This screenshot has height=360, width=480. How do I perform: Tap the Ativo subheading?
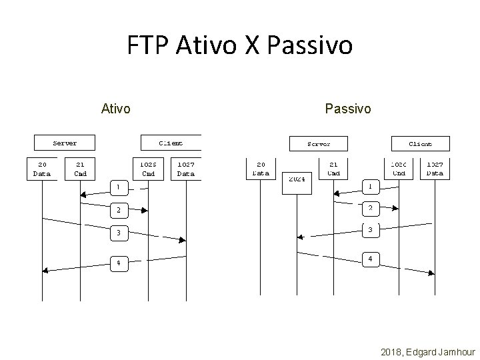(x=115, y=107)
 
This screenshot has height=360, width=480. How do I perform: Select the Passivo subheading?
(x=348, y=107)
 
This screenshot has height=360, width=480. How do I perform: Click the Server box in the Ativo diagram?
(x=65, y=143)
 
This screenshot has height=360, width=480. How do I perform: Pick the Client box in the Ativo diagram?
(x=171, y=143)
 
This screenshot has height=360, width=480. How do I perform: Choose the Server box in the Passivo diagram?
(x=318, y=144)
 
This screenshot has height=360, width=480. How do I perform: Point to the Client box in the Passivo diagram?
(x=420, y=143)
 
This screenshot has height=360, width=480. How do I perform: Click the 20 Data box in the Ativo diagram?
(x=42, y=168)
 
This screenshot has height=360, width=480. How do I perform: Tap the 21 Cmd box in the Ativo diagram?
(x=80, y=168)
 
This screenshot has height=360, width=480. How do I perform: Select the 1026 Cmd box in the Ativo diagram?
(x=148, y=168)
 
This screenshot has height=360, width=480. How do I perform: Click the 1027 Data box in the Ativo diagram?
(x=186, y=168)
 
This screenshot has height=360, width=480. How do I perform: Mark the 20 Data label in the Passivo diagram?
(x=261, y=168)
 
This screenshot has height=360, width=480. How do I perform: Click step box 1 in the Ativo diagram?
(x=118, y=185)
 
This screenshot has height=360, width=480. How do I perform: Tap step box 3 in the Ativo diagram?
(x=118, y=233)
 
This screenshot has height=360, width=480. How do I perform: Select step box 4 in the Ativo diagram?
(x=118, y=263)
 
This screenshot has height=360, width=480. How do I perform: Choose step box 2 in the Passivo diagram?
(x=370, y=209)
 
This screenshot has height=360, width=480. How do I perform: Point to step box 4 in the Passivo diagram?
(x=370, y=258)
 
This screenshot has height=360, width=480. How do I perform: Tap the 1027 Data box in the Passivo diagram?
(x=435, y=168)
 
